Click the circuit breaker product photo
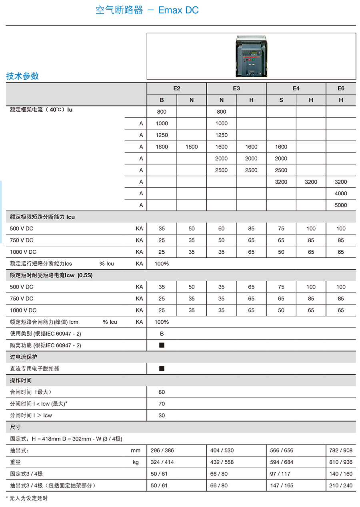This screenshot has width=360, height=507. [251, 56]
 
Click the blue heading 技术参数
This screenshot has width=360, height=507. [22, 76]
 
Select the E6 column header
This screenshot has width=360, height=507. [341, 88]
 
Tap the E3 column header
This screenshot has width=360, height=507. [236, 88]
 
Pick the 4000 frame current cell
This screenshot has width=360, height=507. [341, 193]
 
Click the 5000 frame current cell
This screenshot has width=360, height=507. [341, 205]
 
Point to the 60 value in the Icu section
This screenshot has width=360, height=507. [221, 228]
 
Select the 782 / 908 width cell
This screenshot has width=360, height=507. [341, 450]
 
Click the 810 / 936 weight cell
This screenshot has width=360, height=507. [341, 462]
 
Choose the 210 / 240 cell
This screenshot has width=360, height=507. [341, 485]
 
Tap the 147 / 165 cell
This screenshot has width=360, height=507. [282, 485]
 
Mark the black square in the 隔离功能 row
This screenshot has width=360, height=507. [162, 345]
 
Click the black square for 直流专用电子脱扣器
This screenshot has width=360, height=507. [162, 368]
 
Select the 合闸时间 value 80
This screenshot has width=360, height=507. [162, 392]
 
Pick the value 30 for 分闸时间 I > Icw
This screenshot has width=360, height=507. [162, 415]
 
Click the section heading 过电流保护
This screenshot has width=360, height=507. [24, 357]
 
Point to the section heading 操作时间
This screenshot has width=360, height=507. [21, 380]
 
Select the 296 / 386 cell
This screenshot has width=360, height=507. [162, 450]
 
